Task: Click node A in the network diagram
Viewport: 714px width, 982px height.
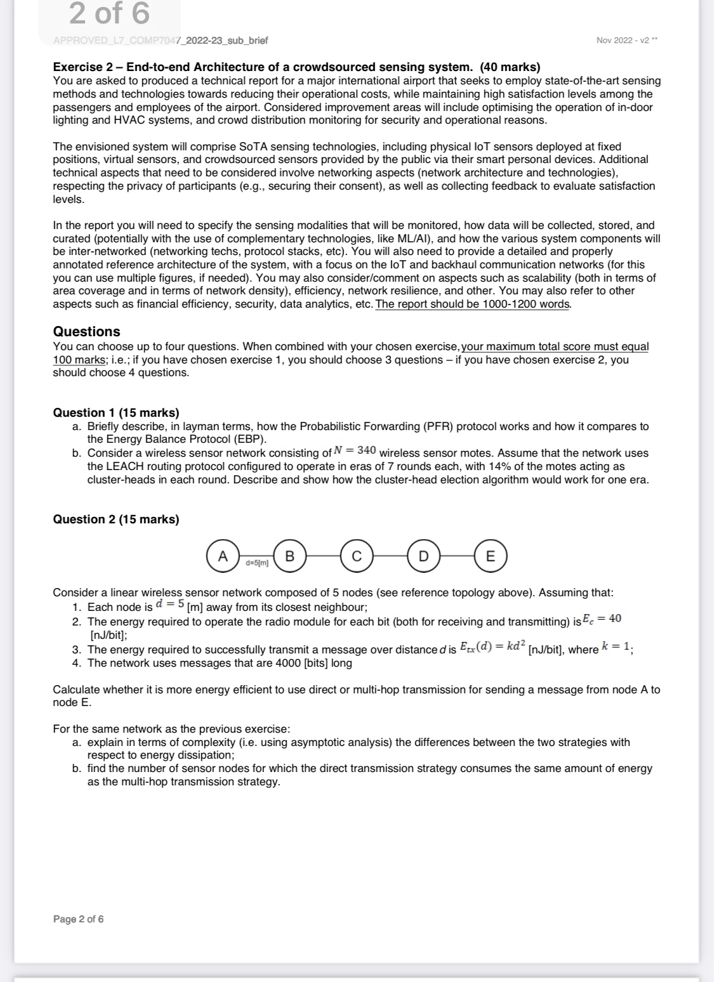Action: (x=222, y=556)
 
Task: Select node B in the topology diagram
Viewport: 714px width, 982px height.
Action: (x=290, y=556)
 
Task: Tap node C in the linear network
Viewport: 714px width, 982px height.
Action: (x=357, y=556)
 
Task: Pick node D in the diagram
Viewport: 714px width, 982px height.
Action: (x=423, y=556)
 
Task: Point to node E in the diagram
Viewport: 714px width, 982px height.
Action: (x=490, y=556)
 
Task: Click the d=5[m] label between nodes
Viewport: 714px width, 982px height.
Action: (x=256, y=562)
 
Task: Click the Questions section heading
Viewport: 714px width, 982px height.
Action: (x=86, y=331)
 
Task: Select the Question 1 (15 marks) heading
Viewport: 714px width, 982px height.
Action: (x=116, y=412)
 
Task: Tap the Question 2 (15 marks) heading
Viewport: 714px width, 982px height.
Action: (x=116, y=519)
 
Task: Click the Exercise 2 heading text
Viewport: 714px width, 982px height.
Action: (x=296, y=67)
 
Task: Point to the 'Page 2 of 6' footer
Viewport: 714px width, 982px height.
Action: (x=78, y=919)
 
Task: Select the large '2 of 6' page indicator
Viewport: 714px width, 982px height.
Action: (x=109, y=14)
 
